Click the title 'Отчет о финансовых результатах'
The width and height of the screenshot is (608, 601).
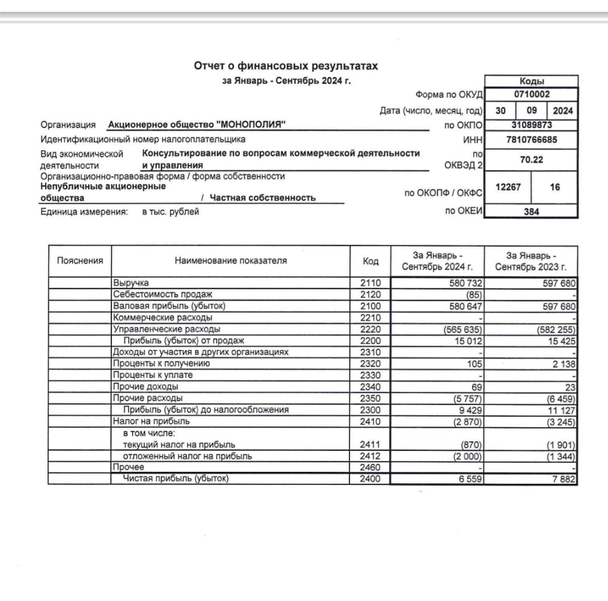coord(286,67)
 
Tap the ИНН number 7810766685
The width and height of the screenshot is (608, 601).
coord(532,139)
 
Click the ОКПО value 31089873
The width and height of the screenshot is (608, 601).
coord(532,125)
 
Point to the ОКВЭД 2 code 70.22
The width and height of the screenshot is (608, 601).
coord(532,161)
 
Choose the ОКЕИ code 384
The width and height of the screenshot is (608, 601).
coord(532,210)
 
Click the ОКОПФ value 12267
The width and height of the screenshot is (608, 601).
coord(508,187)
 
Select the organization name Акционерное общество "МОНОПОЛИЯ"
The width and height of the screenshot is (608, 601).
coord(197,125)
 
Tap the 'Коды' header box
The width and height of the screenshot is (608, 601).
coord(532,81)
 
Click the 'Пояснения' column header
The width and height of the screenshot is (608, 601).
coord(80,261)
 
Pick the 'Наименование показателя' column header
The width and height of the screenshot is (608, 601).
coord(231,261)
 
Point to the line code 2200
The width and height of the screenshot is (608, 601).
coord(370,341)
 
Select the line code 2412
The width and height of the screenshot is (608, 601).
coord(370,456)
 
